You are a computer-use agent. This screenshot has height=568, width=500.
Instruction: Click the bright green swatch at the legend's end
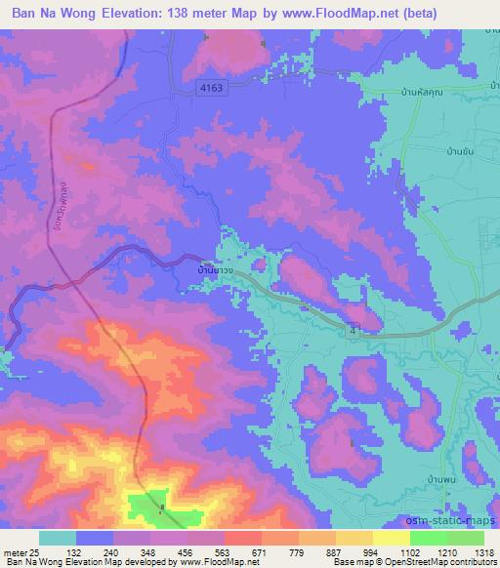click(466, 538)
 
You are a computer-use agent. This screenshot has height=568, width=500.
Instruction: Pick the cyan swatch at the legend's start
click(58, 538)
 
